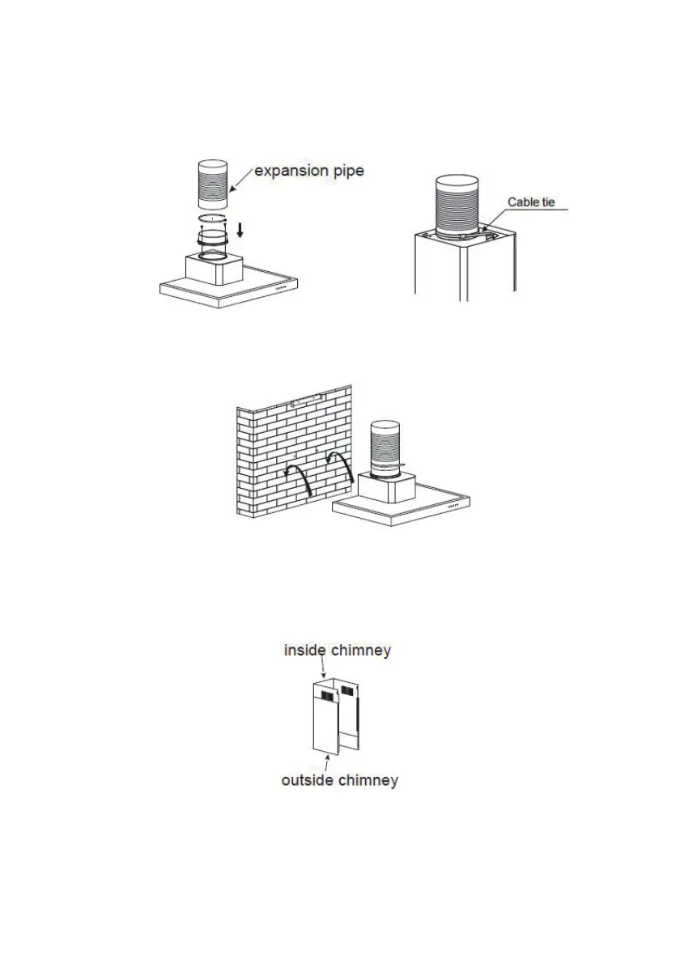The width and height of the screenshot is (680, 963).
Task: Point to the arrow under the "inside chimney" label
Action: pyautogui.click(x=323, y=668)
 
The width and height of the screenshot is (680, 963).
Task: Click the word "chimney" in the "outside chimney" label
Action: pyautogui.click(x=368, y=780)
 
